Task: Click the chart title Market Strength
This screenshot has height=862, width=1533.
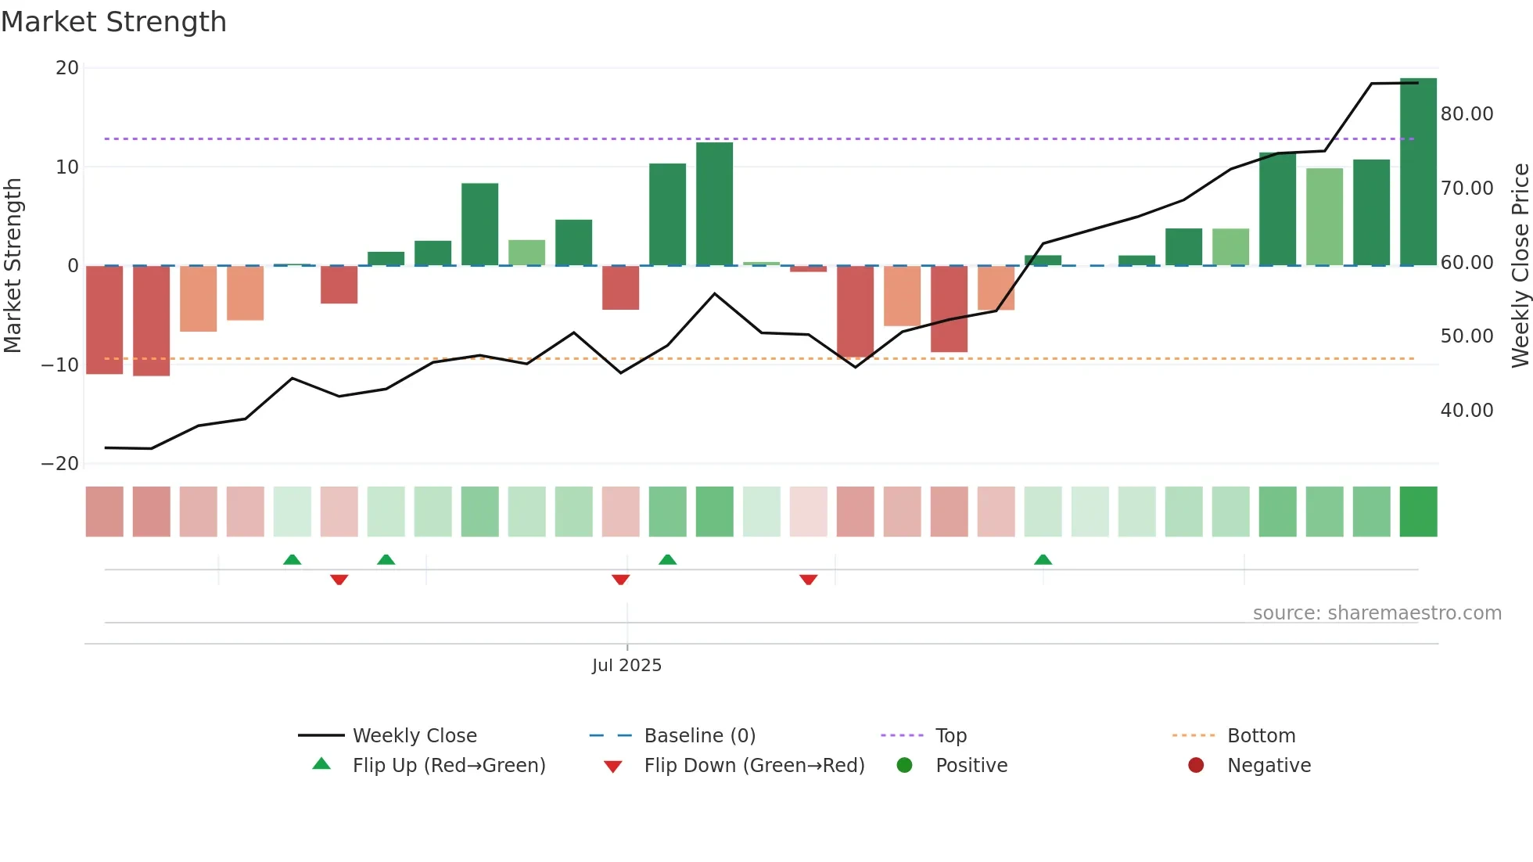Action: [113, 22]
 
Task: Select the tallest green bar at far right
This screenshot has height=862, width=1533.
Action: [1418, 172]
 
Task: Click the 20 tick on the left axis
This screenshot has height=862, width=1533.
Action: [67, 68]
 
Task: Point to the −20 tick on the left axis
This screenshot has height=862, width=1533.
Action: [60, 464]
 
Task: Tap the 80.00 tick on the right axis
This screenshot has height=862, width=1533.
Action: [1467, 114]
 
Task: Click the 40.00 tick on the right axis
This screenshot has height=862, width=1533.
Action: [1467, 411]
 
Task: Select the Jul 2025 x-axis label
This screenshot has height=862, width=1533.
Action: [626, 666]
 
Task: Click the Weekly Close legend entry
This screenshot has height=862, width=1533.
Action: [414, 736]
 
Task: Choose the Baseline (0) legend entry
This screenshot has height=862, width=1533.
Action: [699, 736]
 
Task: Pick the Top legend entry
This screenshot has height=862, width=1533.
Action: [950, 736]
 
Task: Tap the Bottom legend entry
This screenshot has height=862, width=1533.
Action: [1261, 736]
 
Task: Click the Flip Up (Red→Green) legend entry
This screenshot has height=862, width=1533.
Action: [448, 766]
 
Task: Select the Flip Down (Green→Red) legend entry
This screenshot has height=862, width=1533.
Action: [754, 766]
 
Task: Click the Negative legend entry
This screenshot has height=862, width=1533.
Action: [1268, 766]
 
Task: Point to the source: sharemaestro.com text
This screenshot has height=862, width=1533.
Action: [1377, 613]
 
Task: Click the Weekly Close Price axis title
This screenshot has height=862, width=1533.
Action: [1520, 266]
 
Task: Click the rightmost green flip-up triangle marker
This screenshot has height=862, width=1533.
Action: [1043, 560]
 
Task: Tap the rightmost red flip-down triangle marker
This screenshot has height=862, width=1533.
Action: [808, 579]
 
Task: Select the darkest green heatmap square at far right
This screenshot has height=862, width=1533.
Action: [1418, 512]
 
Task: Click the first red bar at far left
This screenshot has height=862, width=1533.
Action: [104, 321]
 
